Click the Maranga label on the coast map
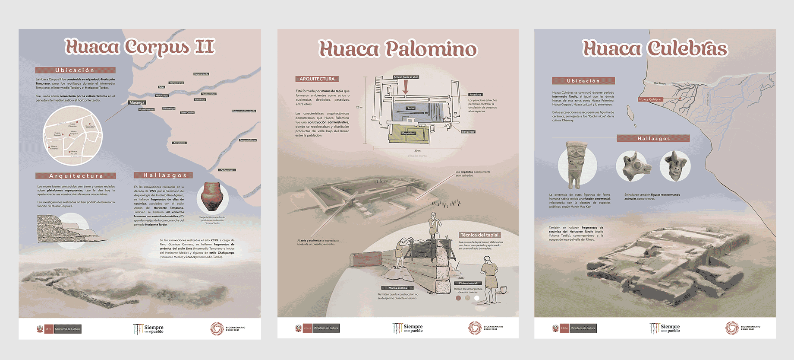[137, 102]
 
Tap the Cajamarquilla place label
[201, 74]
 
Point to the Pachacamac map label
[227, 170]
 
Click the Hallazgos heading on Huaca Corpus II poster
[163, 175]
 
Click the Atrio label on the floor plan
[410, 108]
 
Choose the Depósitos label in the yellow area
[408, 133]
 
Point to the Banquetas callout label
[468, 132]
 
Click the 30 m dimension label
[417, 151]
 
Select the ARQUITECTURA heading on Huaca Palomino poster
[317, 79]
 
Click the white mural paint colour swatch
[477, 298]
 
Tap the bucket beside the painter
[503, 289]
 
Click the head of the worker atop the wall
[433, 215]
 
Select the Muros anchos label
[397, 288]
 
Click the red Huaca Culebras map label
[650, 99]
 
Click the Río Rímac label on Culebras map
[659, 83]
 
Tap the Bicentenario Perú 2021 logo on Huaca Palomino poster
[485, 328]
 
